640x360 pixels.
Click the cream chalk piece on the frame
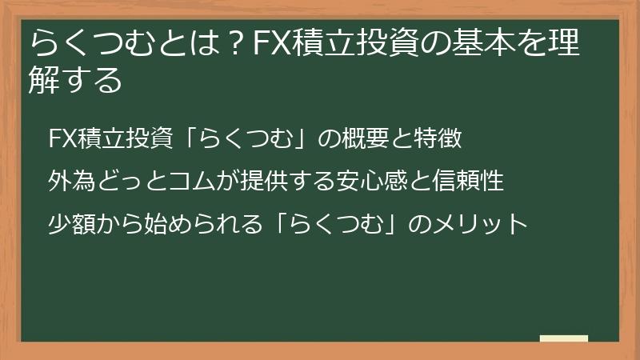pos(564,339)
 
